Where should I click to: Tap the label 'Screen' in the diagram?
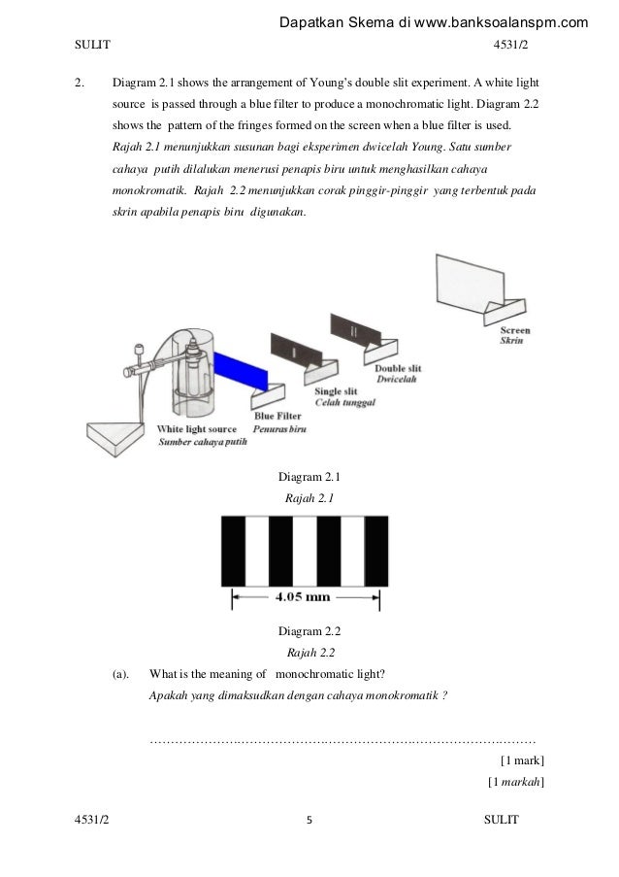click(515, 330)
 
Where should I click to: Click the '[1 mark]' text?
click(520, 760)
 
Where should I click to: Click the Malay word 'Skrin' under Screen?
click(512, 342)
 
